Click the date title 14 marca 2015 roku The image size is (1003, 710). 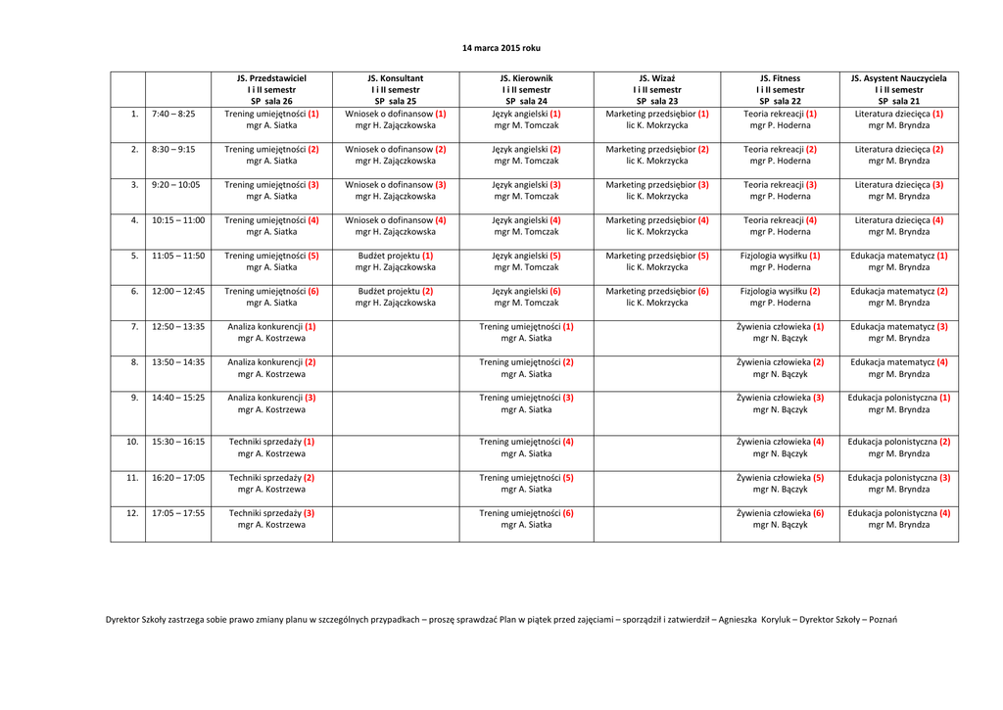click(501, 48)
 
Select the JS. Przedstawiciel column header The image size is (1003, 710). click(271, 89)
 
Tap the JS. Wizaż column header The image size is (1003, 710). click(656, 89)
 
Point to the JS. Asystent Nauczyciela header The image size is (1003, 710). click(898, 89)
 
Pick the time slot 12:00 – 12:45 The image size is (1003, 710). click(178, 291)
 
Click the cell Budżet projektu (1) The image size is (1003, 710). click(395, 261)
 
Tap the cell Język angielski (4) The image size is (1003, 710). click(526, 226)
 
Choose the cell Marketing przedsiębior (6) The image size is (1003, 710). click(656, 297)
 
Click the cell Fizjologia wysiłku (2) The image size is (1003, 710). click(780, 297)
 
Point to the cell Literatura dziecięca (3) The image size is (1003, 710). click(898, 190)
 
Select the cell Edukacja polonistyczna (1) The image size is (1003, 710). click(898, 403)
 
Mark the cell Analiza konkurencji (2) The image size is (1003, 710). click(271, 368)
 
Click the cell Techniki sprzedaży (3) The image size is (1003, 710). click(271, 518)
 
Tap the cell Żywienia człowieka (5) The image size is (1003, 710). click(780, 483)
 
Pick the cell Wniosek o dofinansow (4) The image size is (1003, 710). click(395, 226)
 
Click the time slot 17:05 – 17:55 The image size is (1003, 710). click(178, 512)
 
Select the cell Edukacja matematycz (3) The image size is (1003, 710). click(898, 332)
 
